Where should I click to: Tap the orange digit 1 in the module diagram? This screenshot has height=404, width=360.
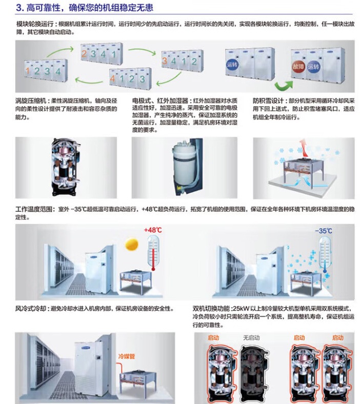[27, 71]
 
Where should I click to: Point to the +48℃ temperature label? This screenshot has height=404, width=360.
[152, 230]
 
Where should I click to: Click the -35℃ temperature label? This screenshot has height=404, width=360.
[324, 230]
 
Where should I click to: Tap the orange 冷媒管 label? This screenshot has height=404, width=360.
[127, 356]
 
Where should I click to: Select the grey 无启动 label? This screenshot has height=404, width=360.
[251, 338]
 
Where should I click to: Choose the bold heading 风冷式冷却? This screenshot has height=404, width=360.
[31, 309]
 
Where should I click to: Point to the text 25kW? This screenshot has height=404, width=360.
[240, 309]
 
